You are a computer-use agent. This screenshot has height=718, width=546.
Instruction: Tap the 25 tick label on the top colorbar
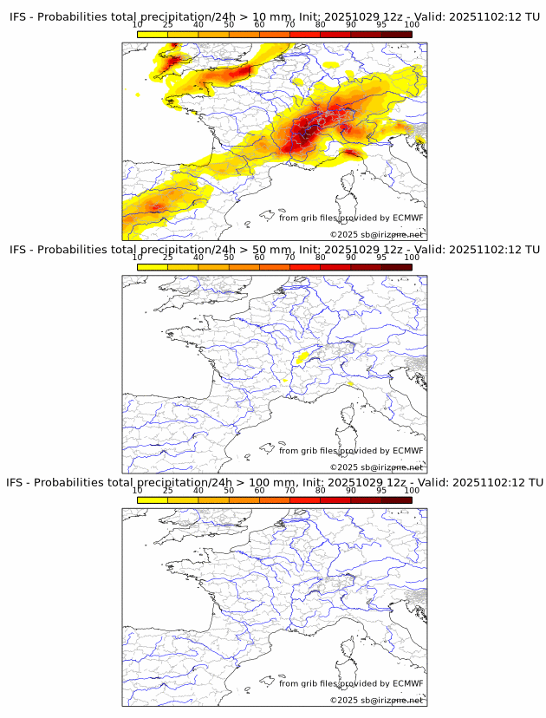tap(168, 26)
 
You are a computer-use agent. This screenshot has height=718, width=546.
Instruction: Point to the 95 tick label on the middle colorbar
tap(381, 258)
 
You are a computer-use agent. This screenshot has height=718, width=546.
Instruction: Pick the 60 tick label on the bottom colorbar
tap(259, 490)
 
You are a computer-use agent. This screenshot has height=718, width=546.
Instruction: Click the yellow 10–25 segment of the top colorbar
tap(153, 34)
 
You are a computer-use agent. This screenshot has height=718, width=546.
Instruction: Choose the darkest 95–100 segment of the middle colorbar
tap(397, 266)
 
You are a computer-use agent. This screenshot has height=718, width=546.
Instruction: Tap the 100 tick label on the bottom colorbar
tap(412, 490)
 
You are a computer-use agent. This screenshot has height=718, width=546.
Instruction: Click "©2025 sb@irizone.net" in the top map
tap(376, 234)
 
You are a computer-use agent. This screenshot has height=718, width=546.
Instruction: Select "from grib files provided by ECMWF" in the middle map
tap(351, 450)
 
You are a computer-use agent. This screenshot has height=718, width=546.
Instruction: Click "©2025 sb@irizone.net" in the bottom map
tap(376, 699)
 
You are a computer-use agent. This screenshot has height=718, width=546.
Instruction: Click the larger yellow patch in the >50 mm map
tap(304, 356)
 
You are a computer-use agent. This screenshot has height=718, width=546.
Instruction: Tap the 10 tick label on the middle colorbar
tap(138, 258)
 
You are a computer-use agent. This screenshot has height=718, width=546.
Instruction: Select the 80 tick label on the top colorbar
tap(321, 26)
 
